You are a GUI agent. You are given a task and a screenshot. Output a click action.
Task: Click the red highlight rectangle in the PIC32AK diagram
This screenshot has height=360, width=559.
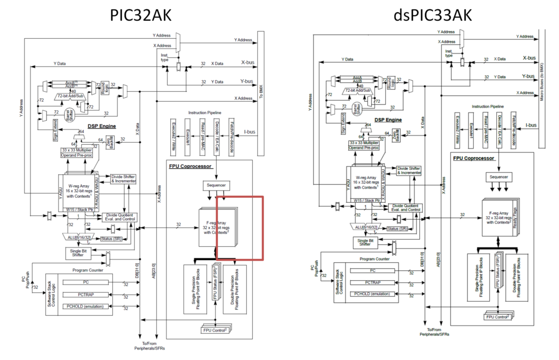240,228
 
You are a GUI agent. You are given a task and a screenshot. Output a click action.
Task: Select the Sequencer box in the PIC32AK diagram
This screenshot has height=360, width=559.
217,185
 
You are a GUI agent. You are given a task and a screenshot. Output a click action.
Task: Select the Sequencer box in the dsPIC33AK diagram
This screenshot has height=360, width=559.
498,178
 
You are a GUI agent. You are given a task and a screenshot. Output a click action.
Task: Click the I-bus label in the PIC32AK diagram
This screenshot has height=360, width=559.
249,132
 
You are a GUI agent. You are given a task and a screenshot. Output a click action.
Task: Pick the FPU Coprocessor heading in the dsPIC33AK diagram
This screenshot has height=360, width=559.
473,158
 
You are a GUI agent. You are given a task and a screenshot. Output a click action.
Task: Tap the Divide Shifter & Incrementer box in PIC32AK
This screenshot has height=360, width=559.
123,179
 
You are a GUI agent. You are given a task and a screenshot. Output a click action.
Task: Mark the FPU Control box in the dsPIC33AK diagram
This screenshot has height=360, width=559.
496,317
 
